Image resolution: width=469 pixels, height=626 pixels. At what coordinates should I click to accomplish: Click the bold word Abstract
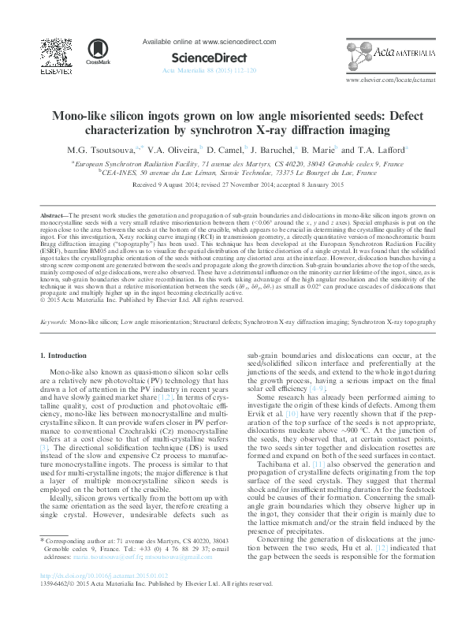click(53, 214)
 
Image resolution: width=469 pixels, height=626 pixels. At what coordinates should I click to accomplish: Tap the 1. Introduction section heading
click(64, 356)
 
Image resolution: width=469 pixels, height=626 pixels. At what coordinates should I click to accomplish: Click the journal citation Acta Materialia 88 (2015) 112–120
click(209, 70)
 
